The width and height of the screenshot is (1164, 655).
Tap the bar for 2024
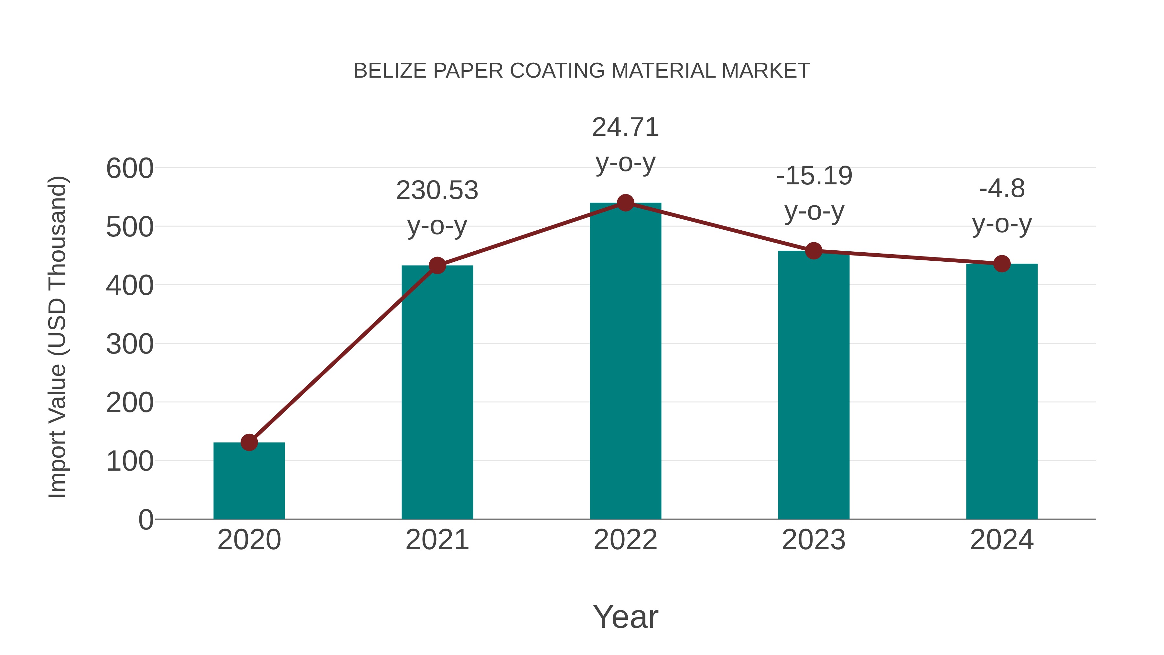click(x=1002, y=391)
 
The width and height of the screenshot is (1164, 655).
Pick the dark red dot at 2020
click(x=249, y=442)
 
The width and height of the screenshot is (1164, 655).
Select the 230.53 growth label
click(x=437, y=190)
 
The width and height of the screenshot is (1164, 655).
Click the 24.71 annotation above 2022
click(x=625, y=127)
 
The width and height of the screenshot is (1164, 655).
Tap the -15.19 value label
click(x=814, y=176)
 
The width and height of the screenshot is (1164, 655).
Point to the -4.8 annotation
click(x=1002, y=189)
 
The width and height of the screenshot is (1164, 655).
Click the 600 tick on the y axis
click(x=130, y=169)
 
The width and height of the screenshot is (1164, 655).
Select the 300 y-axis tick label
click(x=130, y=344)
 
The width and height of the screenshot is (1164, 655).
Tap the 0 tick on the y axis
click(x=146, y=520)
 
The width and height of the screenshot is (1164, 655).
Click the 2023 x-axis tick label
click(x=814, y=540)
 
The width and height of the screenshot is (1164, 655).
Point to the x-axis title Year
click(x=625, y=617)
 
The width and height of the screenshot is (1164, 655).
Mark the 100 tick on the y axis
click(x=130, y=462)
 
